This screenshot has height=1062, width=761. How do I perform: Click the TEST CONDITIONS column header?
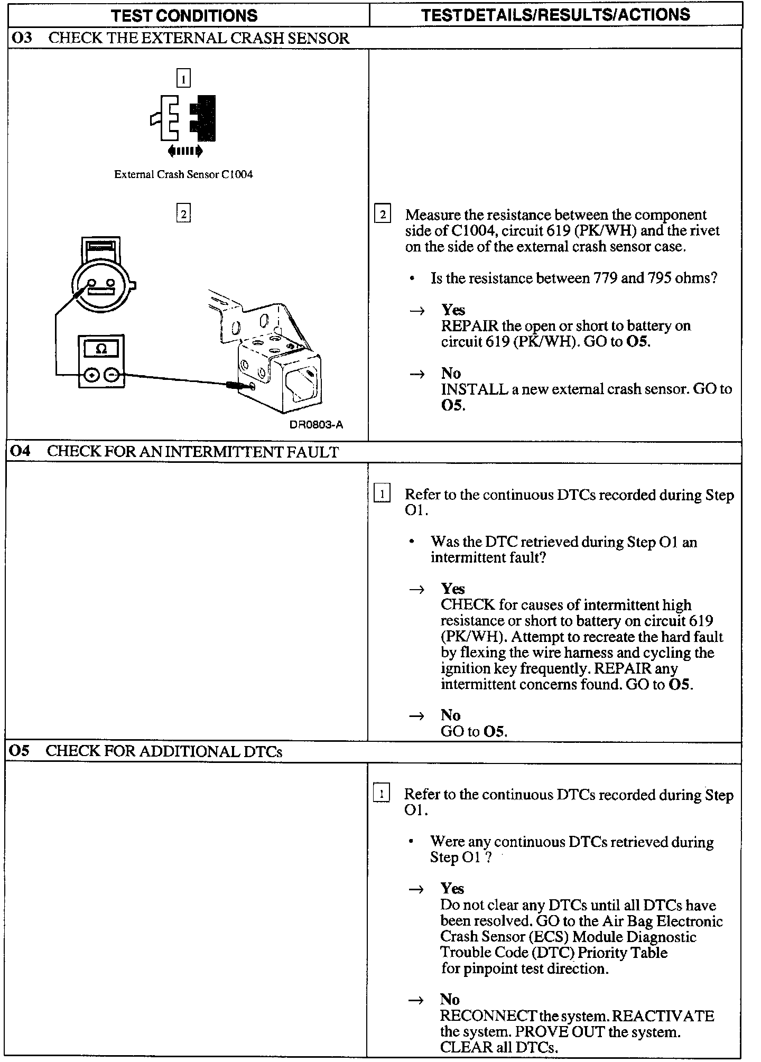pyautogui.click(x=185, y=15)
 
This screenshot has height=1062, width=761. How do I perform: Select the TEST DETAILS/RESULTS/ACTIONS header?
pyautogui.click(x=555, y=15)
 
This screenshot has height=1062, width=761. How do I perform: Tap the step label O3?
pyautogui.click(x=22, y=38)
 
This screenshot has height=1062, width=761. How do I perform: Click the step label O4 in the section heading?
pyautogui.click(x=21, y=452)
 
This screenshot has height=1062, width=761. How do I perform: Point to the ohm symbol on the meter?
pyautogui.click(x=101, y=349)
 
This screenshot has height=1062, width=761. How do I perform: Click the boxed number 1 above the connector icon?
pyautogui.click(x=183, y=79)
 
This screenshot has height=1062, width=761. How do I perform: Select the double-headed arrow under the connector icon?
pyautogui.click(x=185, y=152)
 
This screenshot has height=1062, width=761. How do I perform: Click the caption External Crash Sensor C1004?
pyautogui.click(x=183, y=174)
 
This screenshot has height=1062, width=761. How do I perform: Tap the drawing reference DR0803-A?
pyautogui.click(x=316, y=425)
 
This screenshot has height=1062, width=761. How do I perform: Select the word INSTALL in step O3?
pyautogui.click(x=475, y=389)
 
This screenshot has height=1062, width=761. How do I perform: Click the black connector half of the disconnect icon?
pyautogui.click(x=204, y=118)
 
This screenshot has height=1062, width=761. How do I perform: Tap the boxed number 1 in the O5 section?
pyautogui.click(x=381, y=794)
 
